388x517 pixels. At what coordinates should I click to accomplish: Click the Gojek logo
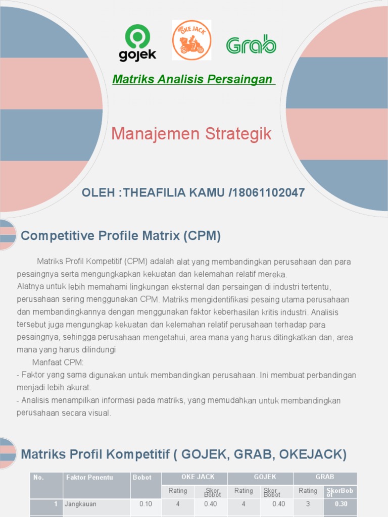(137, 43)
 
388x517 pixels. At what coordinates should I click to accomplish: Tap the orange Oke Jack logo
(191, 40)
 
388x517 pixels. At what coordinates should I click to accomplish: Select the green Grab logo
(251, 45)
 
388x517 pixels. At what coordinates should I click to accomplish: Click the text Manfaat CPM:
(58, 363)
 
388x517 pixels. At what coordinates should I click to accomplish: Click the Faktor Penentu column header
(89, 477)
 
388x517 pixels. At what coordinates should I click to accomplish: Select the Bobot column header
(142, 477)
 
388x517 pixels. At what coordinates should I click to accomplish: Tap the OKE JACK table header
(198, 477)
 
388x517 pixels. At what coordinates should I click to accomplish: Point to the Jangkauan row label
(80, 504)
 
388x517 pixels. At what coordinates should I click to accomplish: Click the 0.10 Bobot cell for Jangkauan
(145, 504)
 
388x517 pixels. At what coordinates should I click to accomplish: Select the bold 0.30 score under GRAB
(341, 504)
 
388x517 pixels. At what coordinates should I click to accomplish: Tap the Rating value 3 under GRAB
(308, 504)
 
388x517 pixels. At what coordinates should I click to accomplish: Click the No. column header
(38, 477)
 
